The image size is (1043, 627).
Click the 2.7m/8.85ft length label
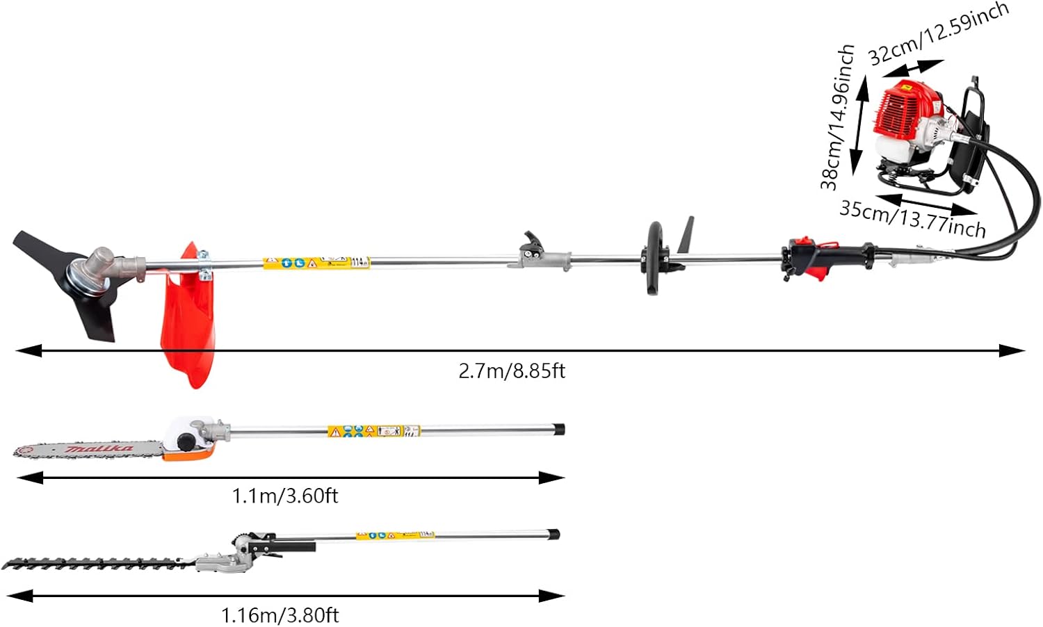(512, 370)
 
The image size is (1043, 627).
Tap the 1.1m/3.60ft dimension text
(285, 496)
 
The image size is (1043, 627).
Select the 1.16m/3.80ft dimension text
(280, 615)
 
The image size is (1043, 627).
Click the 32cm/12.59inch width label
(938, 33)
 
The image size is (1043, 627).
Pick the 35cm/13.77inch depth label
(912, 218)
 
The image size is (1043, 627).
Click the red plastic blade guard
(185, 320)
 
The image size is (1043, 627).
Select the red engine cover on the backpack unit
(903, 111)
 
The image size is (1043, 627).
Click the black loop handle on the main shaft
(654, 259)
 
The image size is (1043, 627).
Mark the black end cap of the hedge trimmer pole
(552, 535)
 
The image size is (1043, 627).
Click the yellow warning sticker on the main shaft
(316, 263)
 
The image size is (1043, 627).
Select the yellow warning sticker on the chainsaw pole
(373, 431)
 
